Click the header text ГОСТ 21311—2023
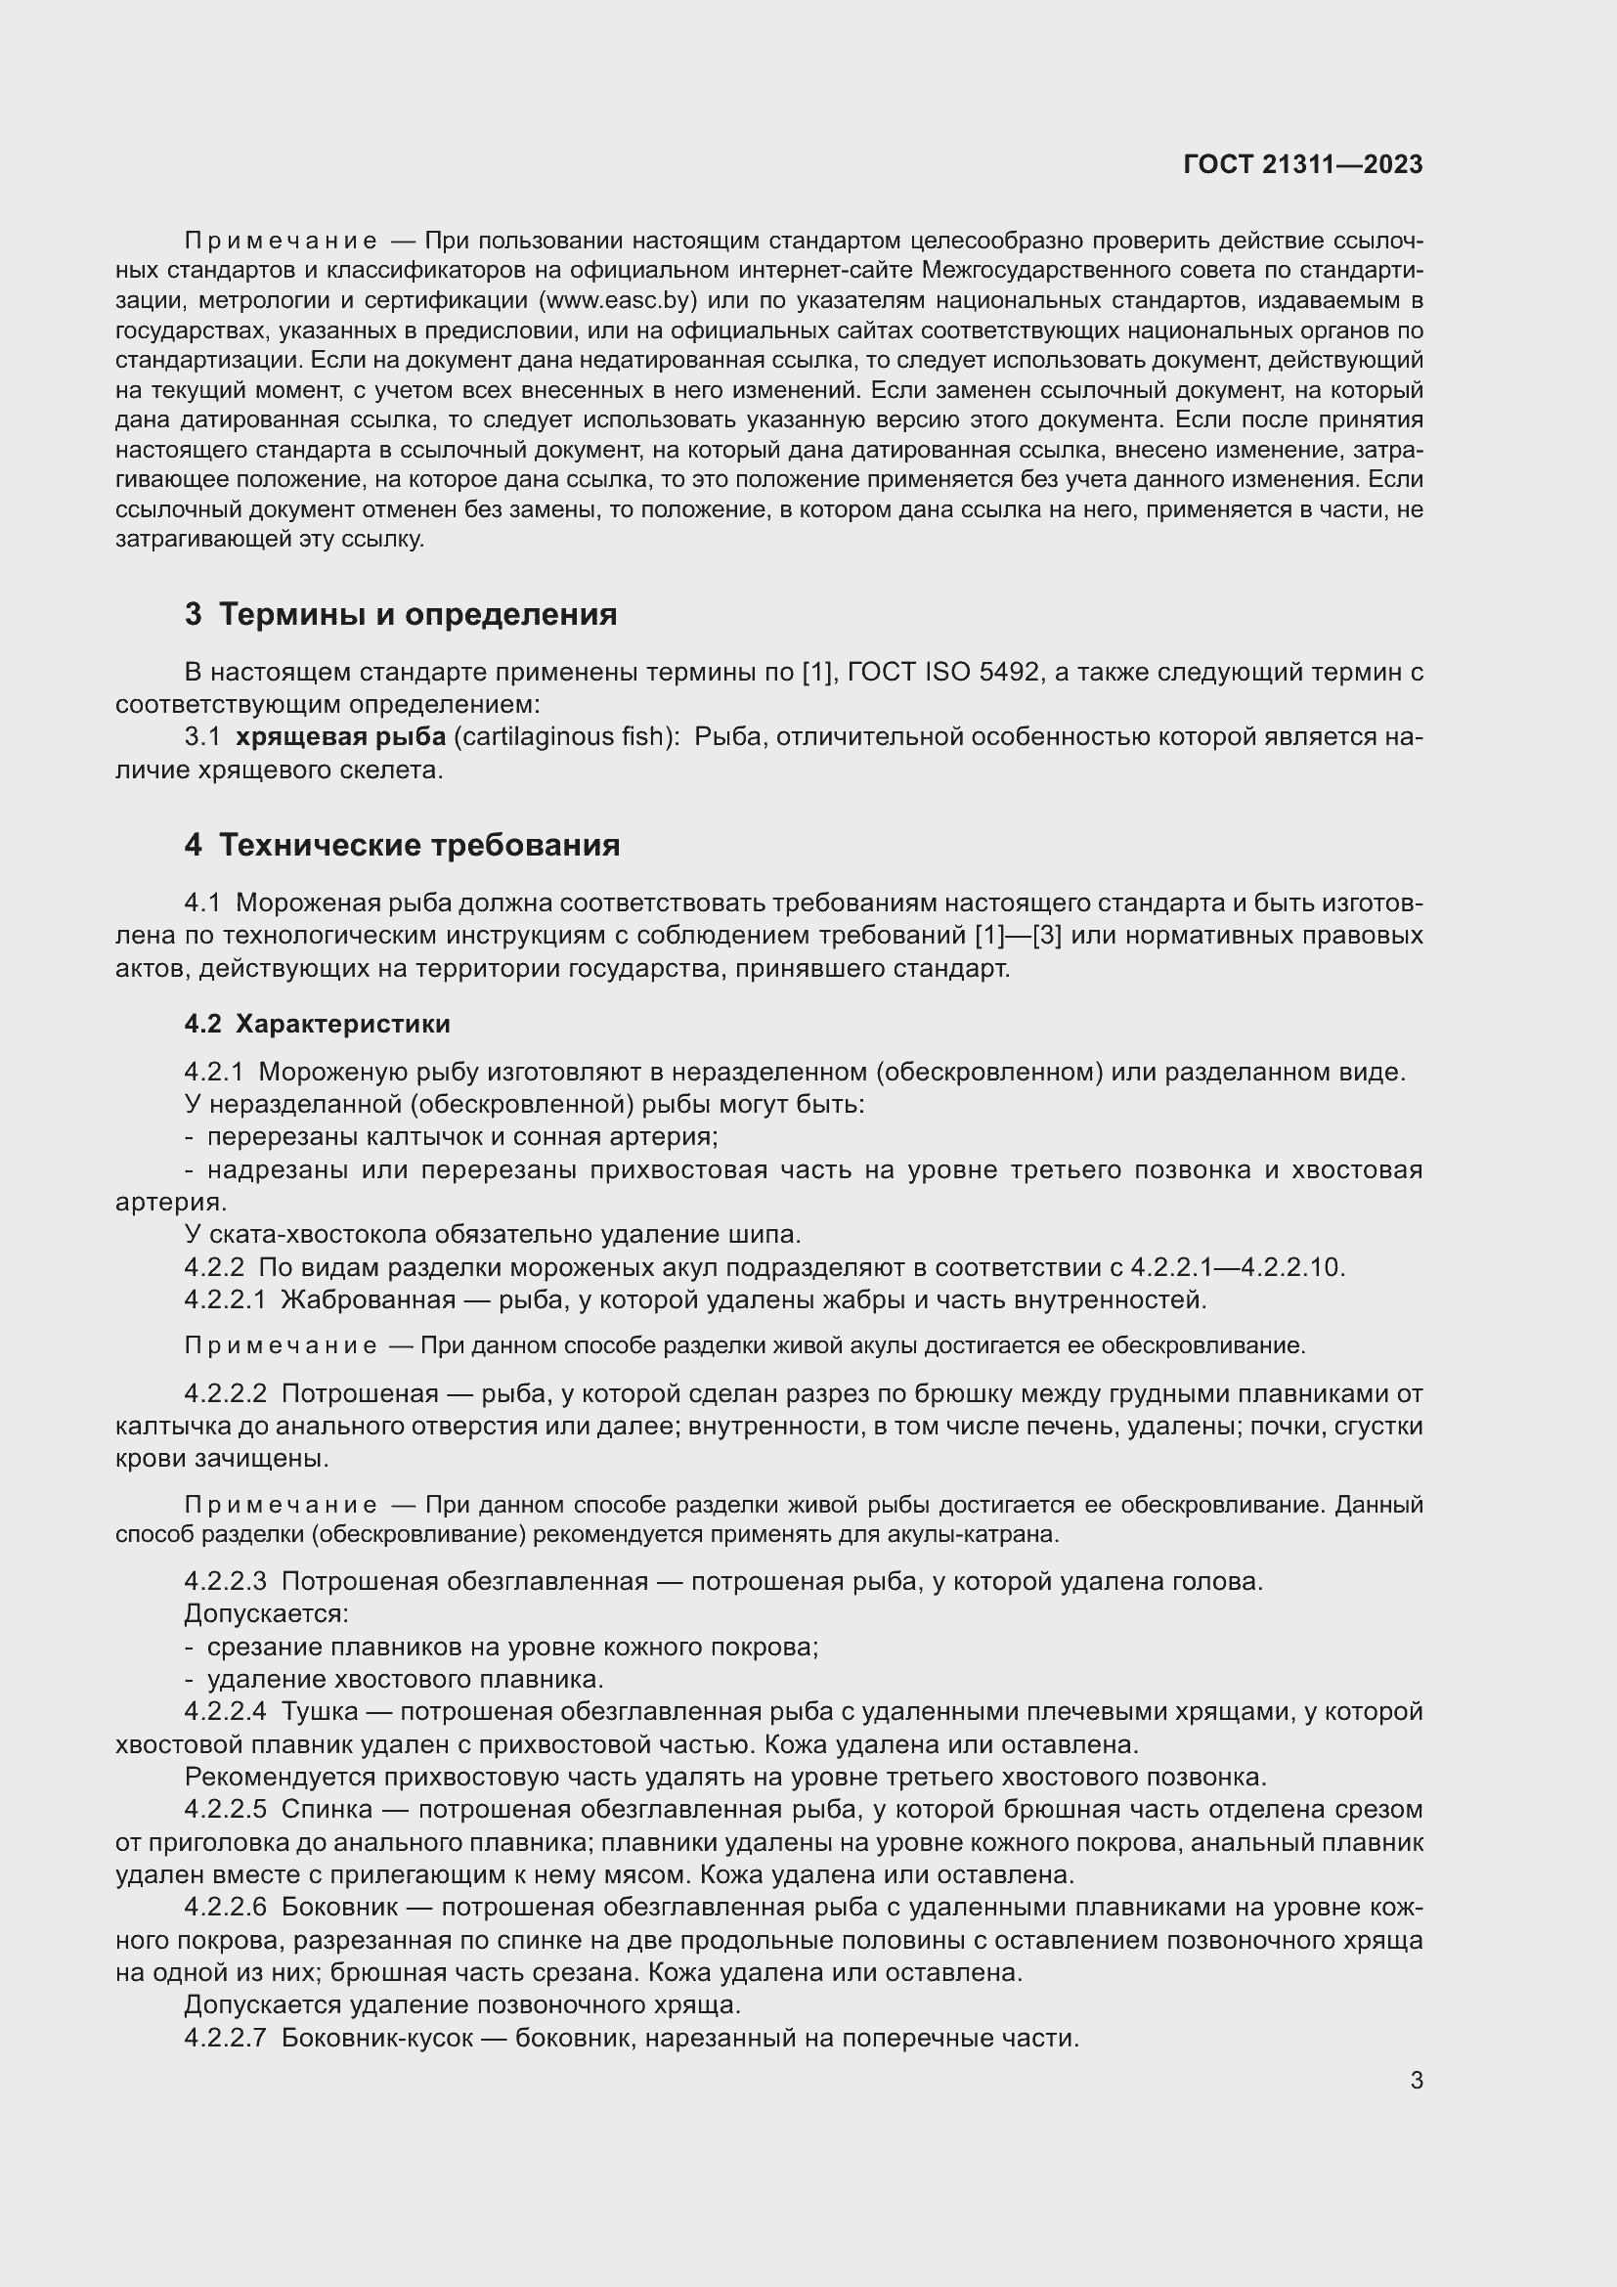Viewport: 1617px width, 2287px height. click(1302, 164)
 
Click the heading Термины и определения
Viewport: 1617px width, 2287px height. click(417, 615)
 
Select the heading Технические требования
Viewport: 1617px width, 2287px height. click(419, 845)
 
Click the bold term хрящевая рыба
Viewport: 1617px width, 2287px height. click(340, 737)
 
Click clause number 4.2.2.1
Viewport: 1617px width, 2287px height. click(225, 1299)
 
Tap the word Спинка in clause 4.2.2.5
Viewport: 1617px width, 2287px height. click(327, 1810)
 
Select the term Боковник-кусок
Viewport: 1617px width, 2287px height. click(376, 2038)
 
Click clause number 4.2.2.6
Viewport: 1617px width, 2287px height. click(225, 1908)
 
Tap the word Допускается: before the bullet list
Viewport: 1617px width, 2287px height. click(266, 1613)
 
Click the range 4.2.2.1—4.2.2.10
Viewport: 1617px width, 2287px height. click(1236, 1267)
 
